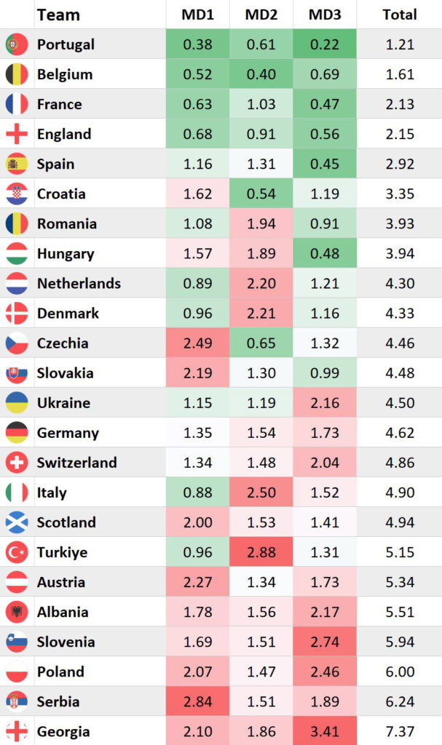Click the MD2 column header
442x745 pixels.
point(261,15)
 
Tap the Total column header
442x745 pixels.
point(400,15)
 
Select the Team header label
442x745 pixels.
point(58,15)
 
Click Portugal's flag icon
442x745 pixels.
point(16,44)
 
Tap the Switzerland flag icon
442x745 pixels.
point(16,463)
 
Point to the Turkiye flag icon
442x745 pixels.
point(16,552)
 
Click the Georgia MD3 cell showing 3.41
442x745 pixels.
point(324,731)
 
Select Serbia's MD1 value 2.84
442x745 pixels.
point(197,701)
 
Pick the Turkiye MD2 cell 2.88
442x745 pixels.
point(261,552)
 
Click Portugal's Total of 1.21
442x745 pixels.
point(400,44)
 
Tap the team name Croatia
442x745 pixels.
point(61,194)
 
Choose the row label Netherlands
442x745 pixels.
point(79,283)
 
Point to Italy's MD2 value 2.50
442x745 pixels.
point(261,493)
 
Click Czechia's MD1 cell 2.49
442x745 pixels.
point(197,343)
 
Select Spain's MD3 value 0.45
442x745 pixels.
point(324,164)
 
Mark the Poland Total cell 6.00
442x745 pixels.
point(400,672)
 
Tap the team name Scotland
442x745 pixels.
point(66,522)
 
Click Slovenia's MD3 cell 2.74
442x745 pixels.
point(324,642)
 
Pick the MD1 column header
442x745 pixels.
point(197,15)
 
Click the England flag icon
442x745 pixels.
point(16,134)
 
